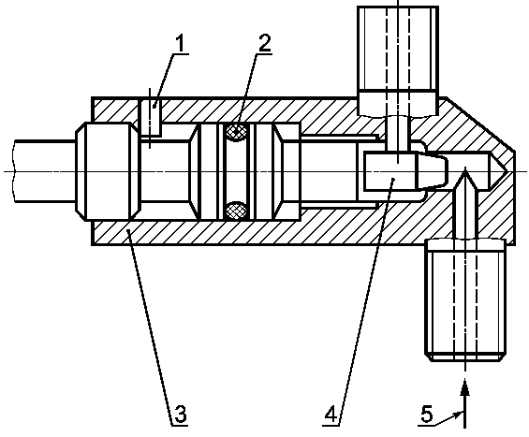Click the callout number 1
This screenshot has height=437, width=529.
pyautogui.click(x=180, y=44)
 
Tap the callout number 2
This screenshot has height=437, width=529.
pyautogui.click(x=265, y=43)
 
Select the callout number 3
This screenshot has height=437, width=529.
pyautogui.click(x=181, y=414)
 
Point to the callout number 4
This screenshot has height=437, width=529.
pyautogui.click(x=331, y=414)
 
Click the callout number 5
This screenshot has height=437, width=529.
pyautogui.click(x=427, y=414)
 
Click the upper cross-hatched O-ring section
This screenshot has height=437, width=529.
pyautogui.click(x=237, y=131)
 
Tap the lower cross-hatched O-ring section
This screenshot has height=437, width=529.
pyautogui.click(x=237, y=211)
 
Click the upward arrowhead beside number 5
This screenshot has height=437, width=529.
pyautogui.click(x=465, y=387)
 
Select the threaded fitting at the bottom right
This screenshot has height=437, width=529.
pyautogui.click(x=465, y=300)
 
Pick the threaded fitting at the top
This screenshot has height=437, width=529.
pyautogui.click(x=398, y=61)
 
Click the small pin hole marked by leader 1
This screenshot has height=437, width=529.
pyautogui.click(x=150, y=116)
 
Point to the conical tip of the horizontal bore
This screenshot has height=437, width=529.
pyautogui.click(x=498, y=170)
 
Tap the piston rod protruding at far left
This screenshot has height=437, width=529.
pyautogui.click(x=45, y=171)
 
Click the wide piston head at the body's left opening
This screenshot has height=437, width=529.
pyautogui.click(x=108, y=171)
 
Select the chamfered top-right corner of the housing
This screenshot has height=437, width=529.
pyautogui.click(x=480, y=123)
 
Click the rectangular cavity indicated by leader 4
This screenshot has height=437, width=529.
pyautogui.click(x=389, y=171)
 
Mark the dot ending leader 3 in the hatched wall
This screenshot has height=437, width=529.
pyautogui.click(x=128, y=230)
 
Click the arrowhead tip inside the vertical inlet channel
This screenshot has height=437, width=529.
pyautogui.click(x=465, y=168)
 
